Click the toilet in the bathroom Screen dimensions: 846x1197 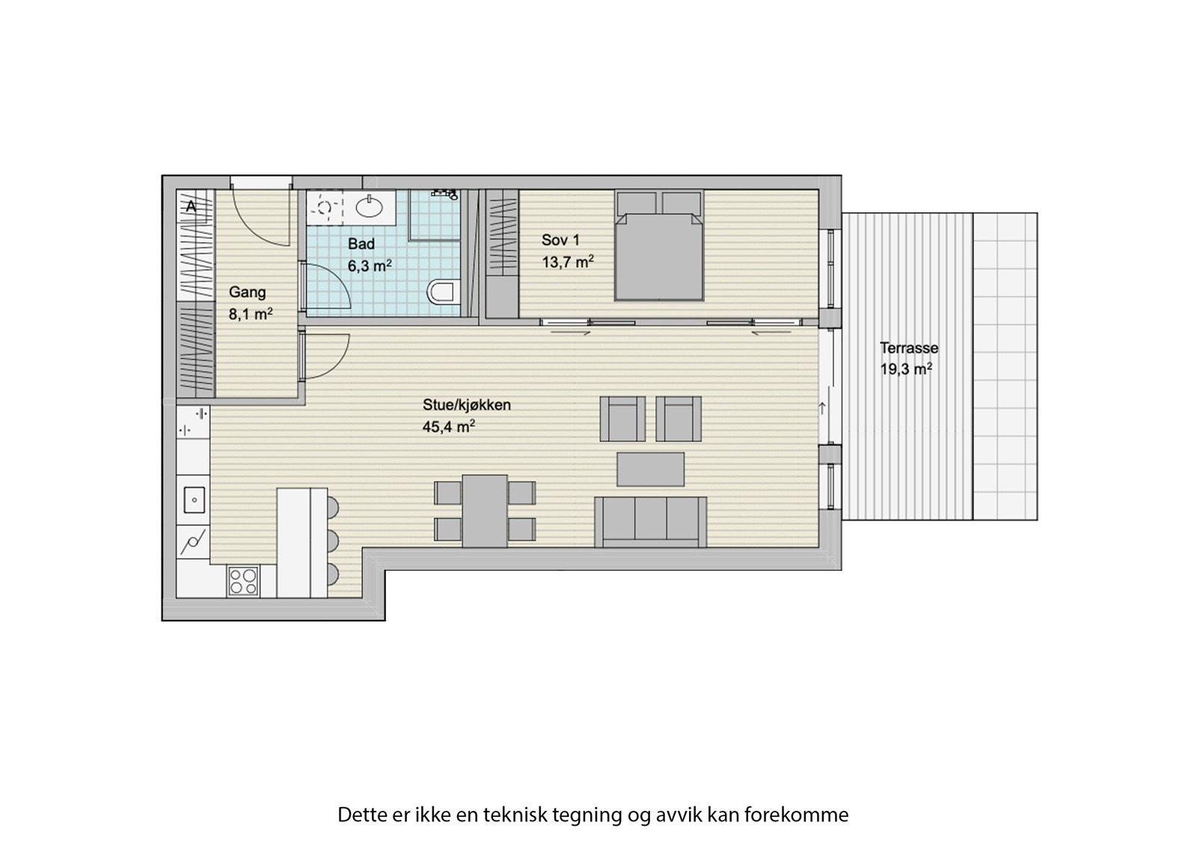(x=444, y=292)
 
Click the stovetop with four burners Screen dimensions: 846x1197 (x=243, y=580)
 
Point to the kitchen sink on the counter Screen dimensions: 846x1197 (x=194, y=499)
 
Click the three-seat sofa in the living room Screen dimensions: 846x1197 (x=650, y=521)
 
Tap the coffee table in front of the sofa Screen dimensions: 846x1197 (x=650, y=469)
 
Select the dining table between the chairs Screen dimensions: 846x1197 (x=485, y=511)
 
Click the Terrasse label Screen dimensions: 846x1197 (x=908, y=348)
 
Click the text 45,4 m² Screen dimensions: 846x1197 (x=450, y=427)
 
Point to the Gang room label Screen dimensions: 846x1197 (x=248, y=292)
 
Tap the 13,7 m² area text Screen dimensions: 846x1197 (x=568, y=261)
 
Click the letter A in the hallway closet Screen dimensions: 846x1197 (x=191, y=206)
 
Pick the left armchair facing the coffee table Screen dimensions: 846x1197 (x=622, y=419)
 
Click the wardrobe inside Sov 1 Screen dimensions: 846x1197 (x=501, y=254)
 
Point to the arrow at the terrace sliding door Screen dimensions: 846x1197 (x=822, y=408)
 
